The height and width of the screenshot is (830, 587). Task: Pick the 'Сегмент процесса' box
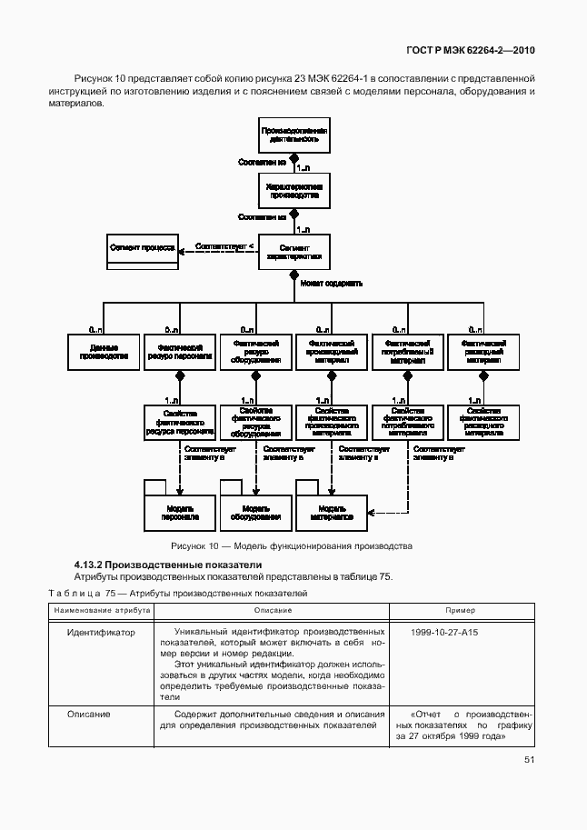pos(143,251)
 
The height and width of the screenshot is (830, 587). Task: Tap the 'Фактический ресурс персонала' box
pos(179,353)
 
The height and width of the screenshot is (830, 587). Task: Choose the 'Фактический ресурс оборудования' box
pos(254,353)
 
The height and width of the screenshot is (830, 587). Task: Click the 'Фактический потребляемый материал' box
pos(406,353)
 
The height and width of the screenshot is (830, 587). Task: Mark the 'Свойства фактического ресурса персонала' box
pos(179,424)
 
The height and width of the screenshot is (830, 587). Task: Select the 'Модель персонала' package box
pos(180,513)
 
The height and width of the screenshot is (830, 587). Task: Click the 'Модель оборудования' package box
pos(254,513)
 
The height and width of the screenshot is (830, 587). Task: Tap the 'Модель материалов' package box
pos(331,513)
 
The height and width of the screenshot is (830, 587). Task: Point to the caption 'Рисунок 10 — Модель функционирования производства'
pos(292,546)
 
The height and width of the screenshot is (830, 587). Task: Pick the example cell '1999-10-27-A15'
pos(444,630)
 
